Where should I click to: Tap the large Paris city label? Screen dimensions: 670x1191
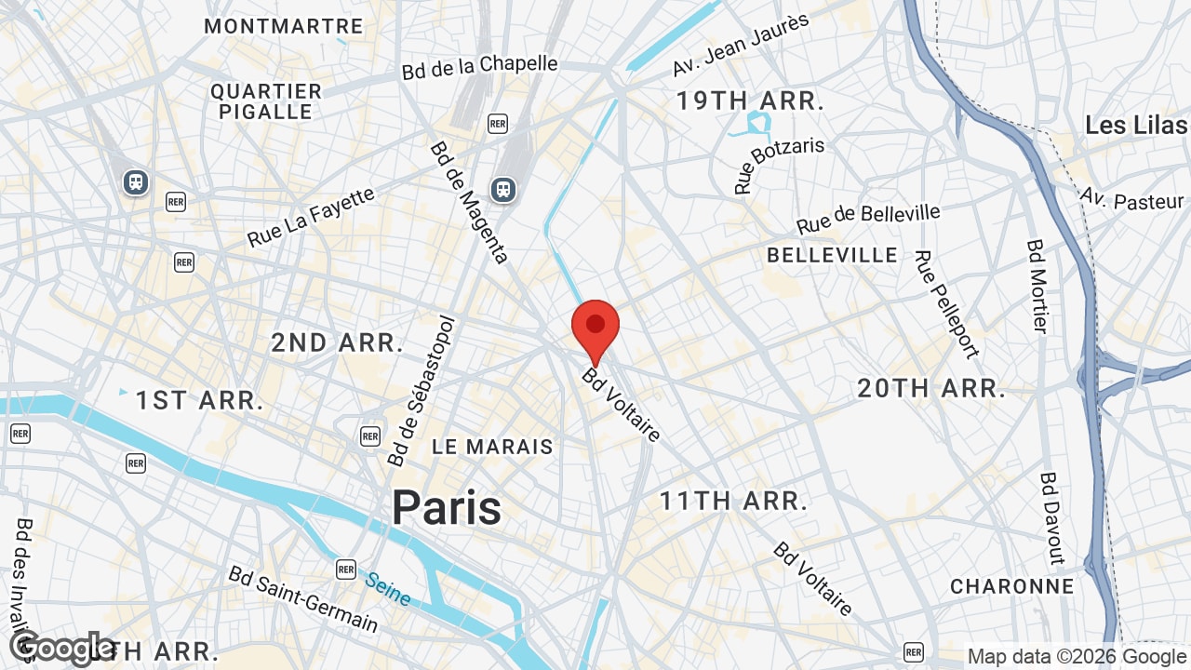(x=447, y=508)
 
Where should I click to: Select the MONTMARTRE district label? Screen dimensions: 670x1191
(x=283, y=26)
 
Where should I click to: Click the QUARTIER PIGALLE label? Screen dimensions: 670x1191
(x=266, y=101)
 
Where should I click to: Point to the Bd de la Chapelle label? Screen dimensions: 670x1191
(x=480, y=67)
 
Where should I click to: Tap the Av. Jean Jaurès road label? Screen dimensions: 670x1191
(x=741, y=45)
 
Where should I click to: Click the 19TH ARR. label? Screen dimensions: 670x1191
(x=750, y=100)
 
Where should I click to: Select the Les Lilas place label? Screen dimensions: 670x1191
(x=1136, y=125)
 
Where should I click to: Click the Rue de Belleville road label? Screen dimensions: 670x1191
(x=868, y=220)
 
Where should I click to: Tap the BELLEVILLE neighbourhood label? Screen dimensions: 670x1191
(x=833, y=255)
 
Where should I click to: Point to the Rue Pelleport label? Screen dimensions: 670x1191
(x=946, y=304)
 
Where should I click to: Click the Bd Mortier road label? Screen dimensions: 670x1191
(x=1037, y=286)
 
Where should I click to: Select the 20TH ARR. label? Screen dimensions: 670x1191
(x=931, y=388)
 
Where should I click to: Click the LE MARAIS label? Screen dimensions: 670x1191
(x=493, y=447)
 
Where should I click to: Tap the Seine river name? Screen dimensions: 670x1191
(x=388, y=588)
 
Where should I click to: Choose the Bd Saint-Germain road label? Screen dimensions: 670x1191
(x=303, y=598)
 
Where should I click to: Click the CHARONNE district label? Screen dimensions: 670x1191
(x=1012, y=586)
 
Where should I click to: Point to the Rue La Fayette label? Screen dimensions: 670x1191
(x=311, y=217)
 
